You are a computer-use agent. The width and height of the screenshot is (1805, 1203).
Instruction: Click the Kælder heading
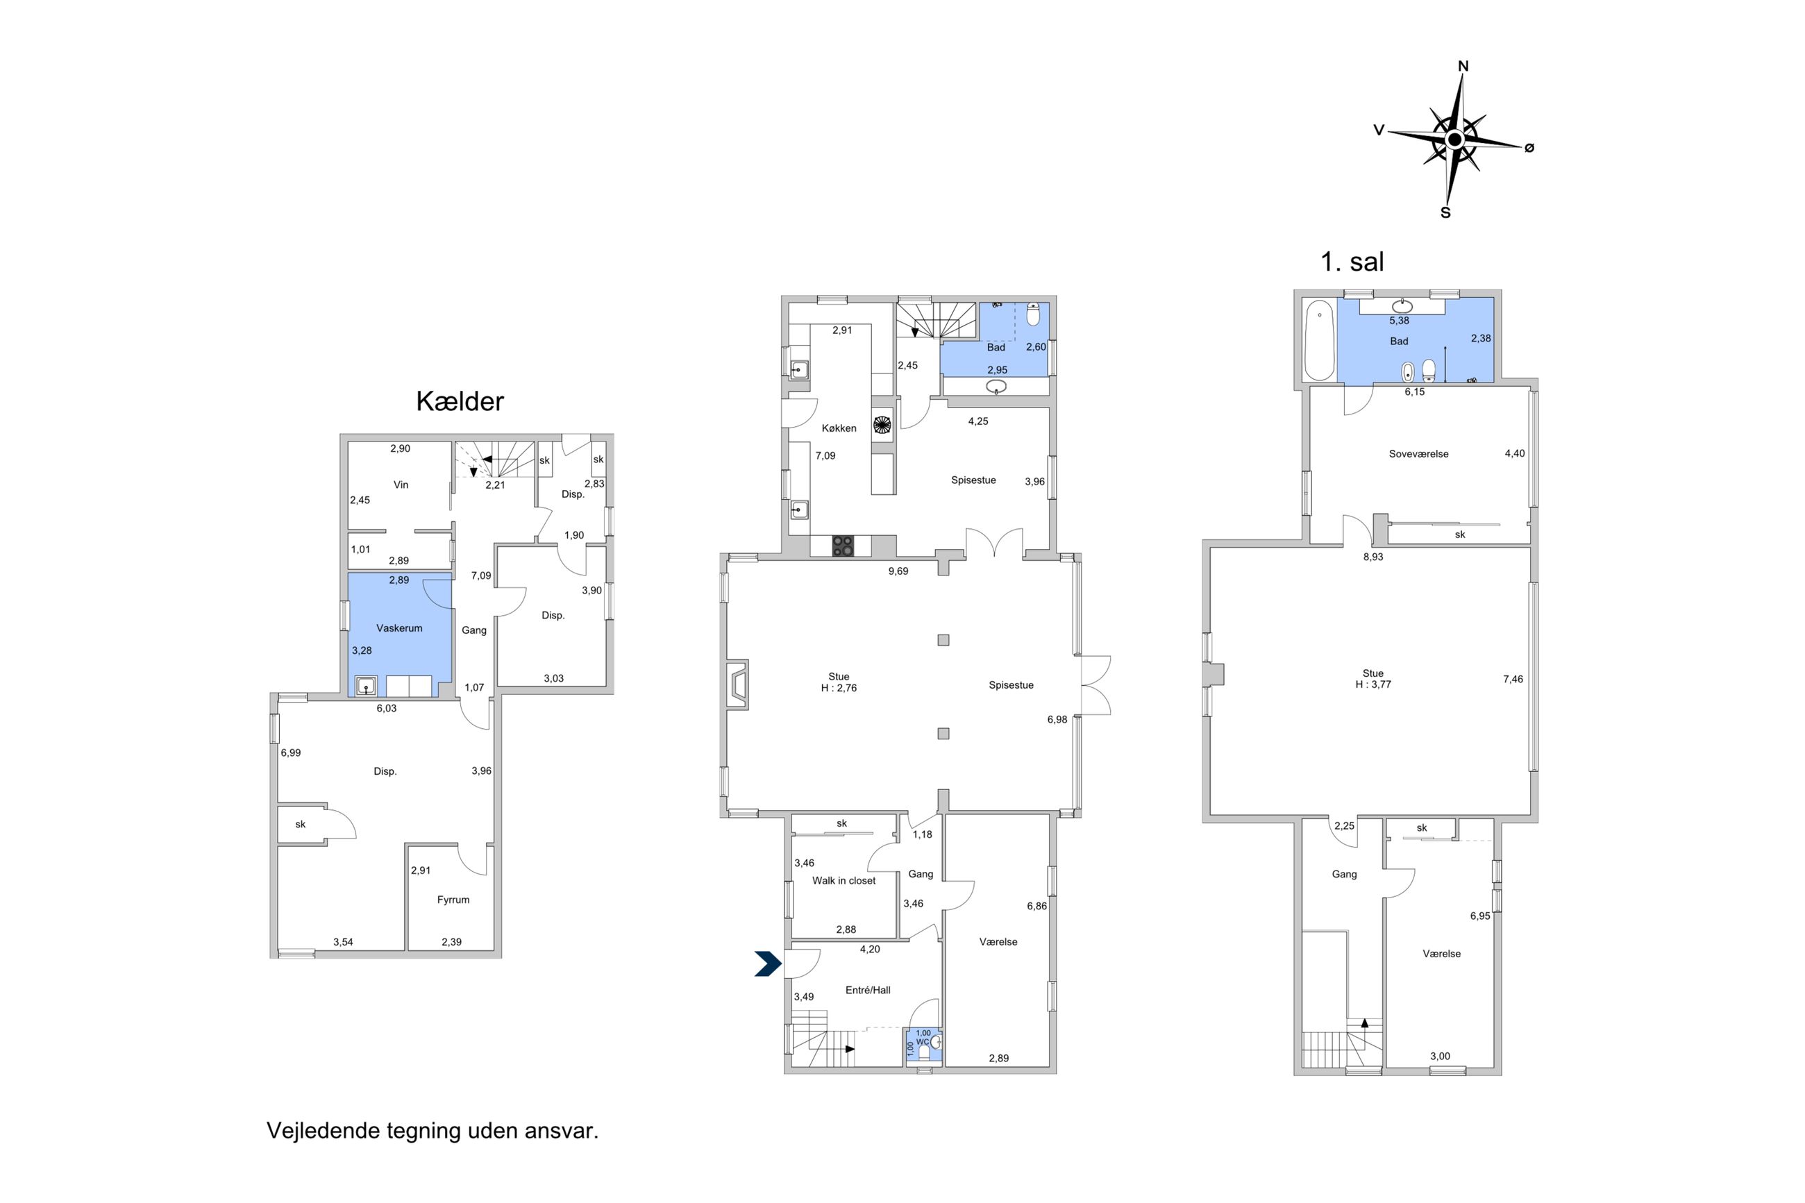tap(460, 401)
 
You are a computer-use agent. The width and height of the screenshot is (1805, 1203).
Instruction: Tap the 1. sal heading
tap(1352, 262)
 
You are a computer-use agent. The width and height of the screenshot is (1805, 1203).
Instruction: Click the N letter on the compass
tap(1463, 66)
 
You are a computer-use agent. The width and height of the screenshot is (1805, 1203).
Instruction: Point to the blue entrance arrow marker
tap(768, 964)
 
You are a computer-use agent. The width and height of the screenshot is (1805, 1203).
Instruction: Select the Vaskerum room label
tap(399, 628)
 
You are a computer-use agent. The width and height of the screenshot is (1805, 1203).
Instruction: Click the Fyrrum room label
tap(453, 900)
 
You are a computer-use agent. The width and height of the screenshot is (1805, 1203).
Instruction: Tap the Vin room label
tap(401, 485)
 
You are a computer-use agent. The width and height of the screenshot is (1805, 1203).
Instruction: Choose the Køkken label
tap(839, 428)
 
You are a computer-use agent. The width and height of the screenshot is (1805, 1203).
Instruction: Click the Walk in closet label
tap(843, 881)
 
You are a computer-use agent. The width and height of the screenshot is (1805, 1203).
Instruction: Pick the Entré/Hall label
tap(868, 991)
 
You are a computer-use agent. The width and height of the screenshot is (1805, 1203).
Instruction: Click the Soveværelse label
tap(1418, 454)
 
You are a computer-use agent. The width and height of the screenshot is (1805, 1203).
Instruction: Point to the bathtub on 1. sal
tap(1320, 341)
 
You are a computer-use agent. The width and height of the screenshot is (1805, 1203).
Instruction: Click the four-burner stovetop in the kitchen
tap(842, 546)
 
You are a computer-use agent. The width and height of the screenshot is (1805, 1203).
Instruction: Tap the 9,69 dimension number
tap(898, 571)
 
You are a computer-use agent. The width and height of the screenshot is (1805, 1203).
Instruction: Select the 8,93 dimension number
tap(1373, 557)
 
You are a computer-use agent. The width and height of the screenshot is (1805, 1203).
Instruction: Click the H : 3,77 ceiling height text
tap(1373, 684)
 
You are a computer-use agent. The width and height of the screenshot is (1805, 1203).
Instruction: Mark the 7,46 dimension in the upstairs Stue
tap(1513, 679)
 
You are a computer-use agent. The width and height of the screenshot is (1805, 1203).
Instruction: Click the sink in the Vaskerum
tap(366, 685)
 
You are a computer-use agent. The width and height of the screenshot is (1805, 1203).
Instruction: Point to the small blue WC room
tap(923, 1044)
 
